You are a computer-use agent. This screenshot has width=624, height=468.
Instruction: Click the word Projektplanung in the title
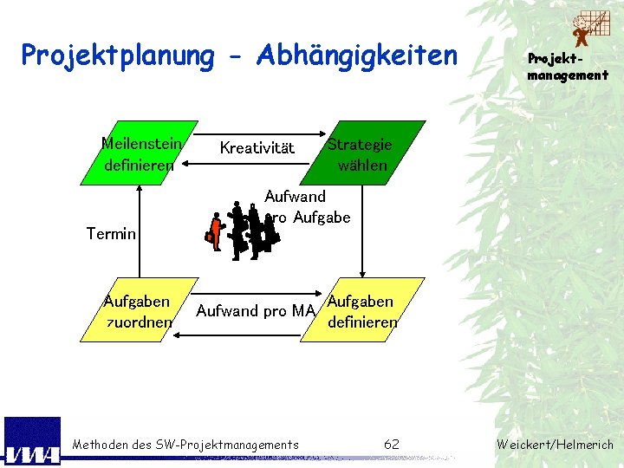117,55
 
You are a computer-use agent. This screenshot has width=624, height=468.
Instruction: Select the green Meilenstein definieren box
139,153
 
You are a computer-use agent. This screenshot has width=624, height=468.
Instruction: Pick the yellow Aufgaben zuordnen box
138,310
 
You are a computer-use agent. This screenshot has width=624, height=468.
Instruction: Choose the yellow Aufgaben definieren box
362,310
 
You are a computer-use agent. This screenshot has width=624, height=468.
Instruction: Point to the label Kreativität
257,148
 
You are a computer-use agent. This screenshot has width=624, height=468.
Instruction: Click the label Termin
112,233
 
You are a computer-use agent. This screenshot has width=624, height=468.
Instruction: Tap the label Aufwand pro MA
256,311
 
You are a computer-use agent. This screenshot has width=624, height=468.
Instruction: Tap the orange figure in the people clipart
213,231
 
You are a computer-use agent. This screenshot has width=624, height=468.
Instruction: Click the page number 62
392,445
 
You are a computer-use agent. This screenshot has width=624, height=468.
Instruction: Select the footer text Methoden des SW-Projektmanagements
185,445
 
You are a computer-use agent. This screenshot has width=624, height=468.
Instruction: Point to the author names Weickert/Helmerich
555,445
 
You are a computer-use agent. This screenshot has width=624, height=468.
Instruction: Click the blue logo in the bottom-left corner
32,442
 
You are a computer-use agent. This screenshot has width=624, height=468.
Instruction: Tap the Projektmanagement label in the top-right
568,68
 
